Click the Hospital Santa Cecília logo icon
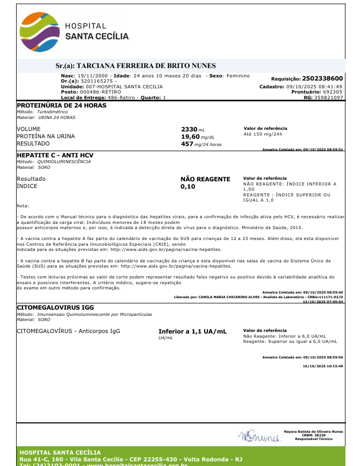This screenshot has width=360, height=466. (x=39, y=31)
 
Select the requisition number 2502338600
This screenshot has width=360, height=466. (x=322, y=78)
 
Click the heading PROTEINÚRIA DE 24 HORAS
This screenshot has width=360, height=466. (x=61, y=105)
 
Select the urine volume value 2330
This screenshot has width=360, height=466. (x=189, y=129)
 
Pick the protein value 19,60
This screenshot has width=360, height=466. (x=190, y=137)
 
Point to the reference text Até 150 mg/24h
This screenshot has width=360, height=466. (x=263, y=134)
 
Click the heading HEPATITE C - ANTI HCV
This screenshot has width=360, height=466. (x=55, y=155)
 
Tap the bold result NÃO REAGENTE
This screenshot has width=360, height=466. (x=205, y=179)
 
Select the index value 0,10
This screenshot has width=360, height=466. (x=188, y=187)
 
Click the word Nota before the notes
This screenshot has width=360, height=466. (x=23, y=206)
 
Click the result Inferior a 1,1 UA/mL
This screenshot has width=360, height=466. (x=192, y=331)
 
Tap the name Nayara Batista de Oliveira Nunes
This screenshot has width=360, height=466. (x=313, y=431)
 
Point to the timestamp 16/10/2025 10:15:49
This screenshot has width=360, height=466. (x=323, y=366)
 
